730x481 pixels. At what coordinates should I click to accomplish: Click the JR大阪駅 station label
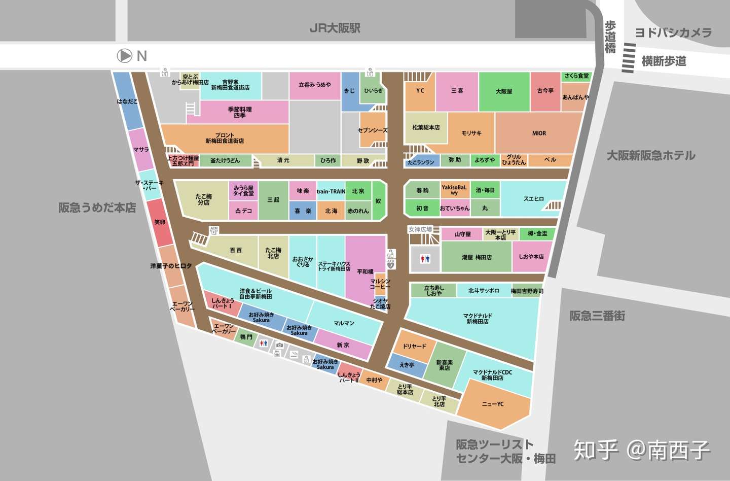pyautogui.click(x=335, y=28)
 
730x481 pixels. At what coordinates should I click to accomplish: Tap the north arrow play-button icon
pyautogui.click(x=125, y=56)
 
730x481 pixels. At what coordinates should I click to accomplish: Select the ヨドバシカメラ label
pyautogui.click(x=673, y=33)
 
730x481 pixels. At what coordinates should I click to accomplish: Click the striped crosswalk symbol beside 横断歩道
pyautogui.click(x=629, y=58)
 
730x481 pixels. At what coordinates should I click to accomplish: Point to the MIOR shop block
pyautogui.click(x=539, y=133)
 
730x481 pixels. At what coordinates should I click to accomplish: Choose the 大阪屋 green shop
pyautogui.click(x=504, y=92)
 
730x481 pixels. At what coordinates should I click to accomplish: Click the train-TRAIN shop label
pyautogui.click(x=331, y=191)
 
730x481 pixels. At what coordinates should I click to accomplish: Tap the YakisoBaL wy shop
pyautogui.click(x=454, y=190)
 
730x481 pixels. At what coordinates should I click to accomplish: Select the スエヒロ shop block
pyautogui.click(x=533, y=198)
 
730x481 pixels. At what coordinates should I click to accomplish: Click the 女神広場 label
pyautogui.click(x=420, y=229)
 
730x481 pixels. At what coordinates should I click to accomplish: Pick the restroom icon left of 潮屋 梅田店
pyautogui.click(x=425, y=259)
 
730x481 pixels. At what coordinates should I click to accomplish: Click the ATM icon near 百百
pyautogui.click(x=214, y=230)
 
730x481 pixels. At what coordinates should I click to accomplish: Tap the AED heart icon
pyautogui.click(x=391, y=265)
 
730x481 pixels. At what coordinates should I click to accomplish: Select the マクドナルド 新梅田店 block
pyautogui.click(x=477, y=319)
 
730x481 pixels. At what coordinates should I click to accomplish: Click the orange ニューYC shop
pyautogui.click(x=493, y=404)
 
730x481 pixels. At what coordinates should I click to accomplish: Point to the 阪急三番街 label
pyautogui.click(x=597, y=316)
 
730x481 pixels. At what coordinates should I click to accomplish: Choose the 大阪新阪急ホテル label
pyautogui.click(x=651, y=155)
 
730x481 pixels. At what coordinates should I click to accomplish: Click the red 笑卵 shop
pyautogui.click(x=160, y=222)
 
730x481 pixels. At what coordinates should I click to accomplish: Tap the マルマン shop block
pyautogui.click(x=344, y=323)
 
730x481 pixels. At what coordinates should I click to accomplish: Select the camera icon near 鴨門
pyautogui.click(x=279, y=346)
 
